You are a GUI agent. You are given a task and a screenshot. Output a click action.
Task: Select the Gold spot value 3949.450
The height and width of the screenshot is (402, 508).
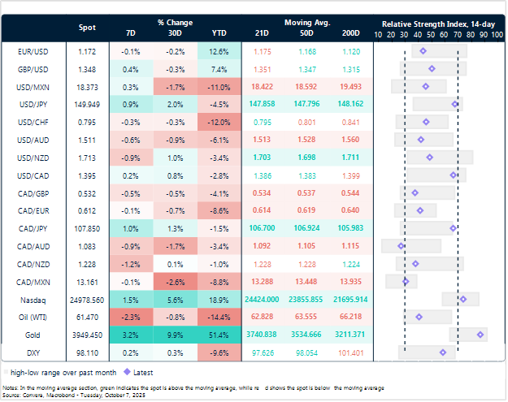coord(86,334)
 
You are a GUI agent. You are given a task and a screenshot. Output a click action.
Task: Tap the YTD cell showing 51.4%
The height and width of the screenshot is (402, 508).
coord(219,334)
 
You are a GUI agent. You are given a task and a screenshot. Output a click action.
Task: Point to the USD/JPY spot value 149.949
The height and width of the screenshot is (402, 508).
coord(86,104)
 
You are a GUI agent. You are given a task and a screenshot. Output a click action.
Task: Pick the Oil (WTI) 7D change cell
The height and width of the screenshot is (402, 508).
coord(131,316)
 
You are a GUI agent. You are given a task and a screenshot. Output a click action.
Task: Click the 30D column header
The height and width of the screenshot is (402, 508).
coord(175,33)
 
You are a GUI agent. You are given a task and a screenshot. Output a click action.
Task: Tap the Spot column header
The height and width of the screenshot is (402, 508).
coord(87,28)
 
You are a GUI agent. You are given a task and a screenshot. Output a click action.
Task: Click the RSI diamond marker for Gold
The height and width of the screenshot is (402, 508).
coord(481,334)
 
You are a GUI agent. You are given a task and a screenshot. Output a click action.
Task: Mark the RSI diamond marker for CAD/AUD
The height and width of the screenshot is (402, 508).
coord(401,245)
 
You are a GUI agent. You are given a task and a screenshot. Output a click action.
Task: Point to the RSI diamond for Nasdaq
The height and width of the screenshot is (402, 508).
coord(463,299)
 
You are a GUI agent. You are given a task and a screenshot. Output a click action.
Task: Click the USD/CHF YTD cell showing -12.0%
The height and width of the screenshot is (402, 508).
coord(219,122)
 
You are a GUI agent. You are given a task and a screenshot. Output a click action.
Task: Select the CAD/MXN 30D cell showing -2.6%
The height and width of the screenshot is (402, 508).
coord(175,281)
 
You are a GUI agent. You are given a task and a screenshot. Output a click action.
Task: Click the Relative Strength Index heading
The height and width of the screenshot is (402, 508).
coord(436,23)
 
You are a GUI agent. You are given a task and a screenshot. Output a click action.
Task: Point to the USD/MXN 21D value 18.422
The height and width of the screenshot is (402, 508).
coord(262,86)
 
